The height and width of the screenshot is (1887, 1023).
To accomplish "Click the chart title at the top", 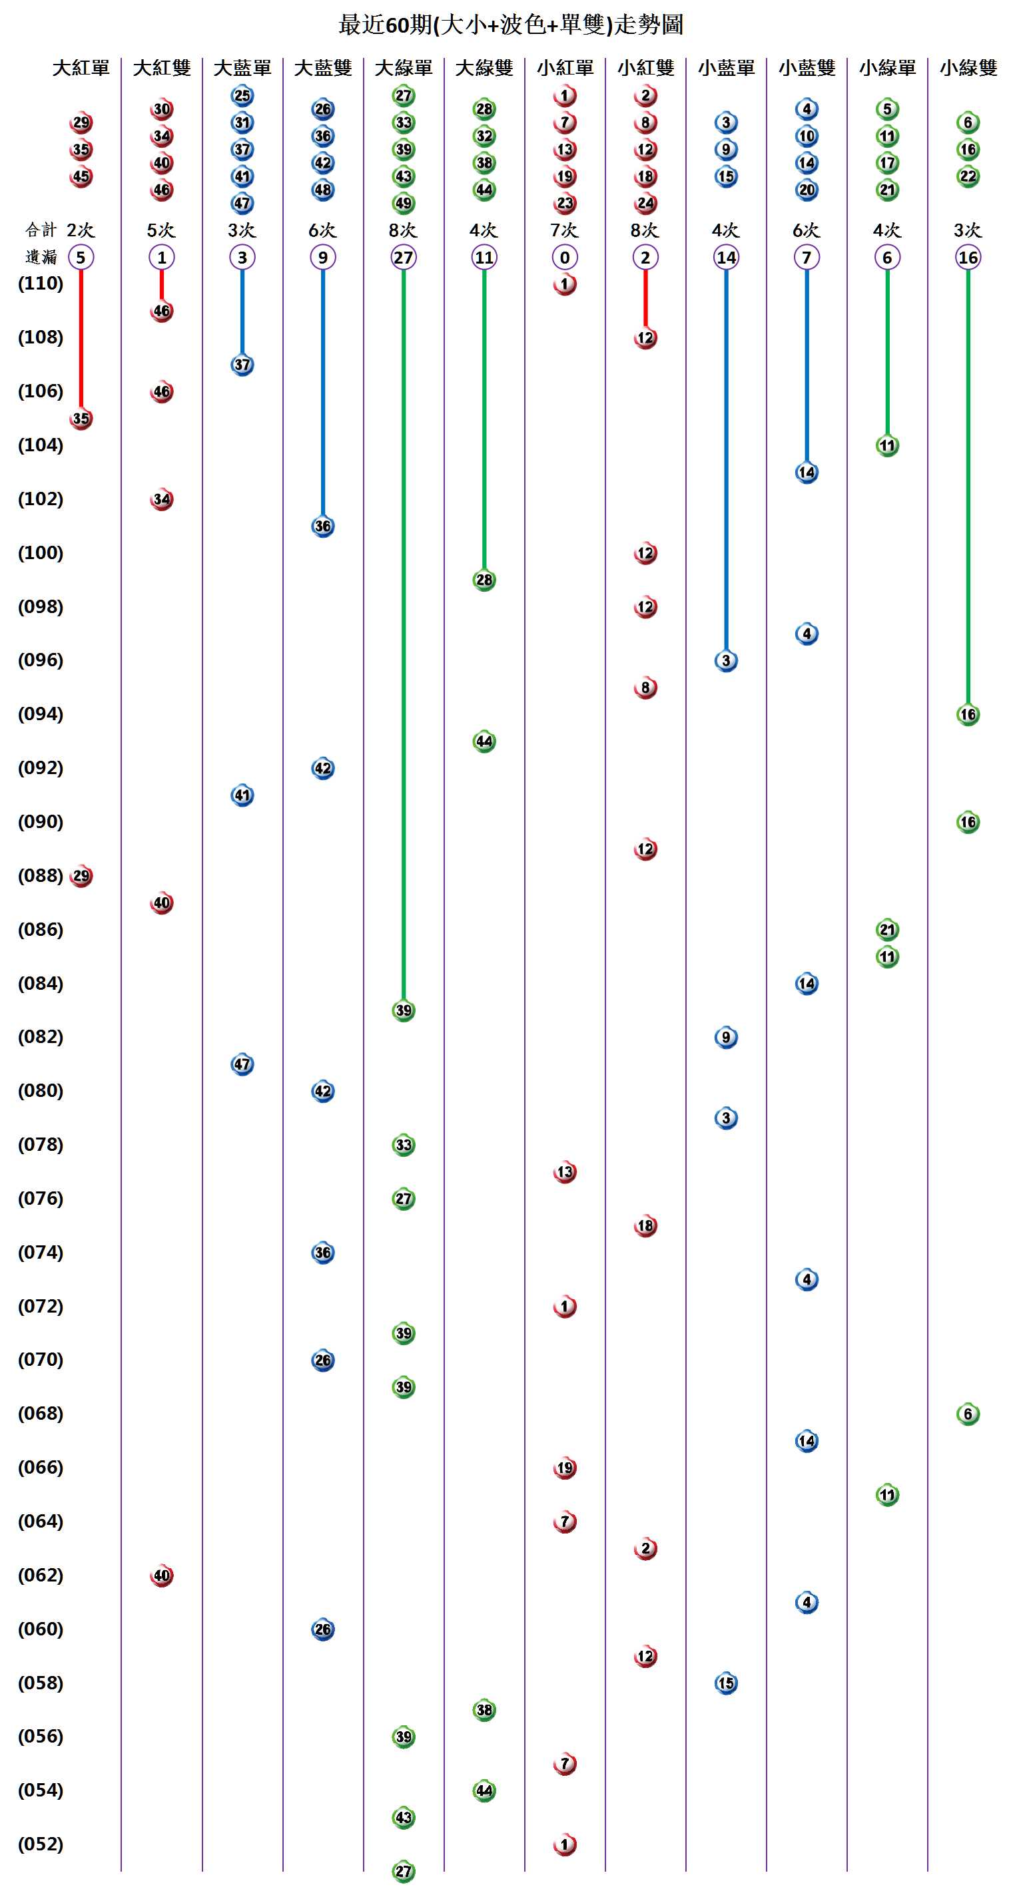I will point(511,25).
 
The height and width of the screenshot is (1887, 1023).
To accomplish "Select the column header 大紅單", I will point(81,68).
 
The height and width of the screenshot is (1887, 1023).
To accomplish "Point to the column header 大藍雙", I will point(322,68).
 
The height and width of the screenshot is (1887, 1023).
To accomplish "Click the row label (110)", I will point(41,284).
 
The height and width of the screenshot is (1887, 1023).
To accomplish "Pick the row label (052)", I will point(41,1844).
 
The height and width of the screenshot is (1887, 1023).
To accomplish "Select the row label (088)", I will point(41,875).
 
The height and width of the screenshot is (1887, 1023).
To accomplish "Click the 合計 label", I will point(41,230).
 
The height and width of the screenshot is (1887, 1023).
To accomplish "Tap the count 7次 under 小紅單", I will point(564,230).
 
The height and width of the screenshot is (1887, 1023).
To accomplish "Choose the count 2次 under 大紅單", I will point(81,230).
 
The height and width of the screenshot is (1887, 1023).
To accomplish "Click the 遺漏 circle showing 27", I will point(403,257).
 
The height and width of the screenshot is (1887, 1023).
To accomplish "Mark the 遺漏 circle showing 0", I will point(564,257).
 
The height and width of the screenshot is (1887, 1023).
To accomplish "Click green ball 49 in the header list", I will point(403,203).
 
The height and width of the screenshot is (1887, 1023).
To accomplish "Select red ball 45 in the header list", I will point(81,176).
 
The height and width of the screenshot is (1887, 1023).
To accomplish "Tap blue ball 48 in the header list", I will point(322,190).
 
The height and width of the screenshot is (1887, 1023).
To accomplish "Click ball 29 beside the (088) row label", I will point(81,876).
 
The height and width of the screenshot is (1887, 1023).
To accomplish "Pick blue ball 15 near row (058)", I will point(725,1683).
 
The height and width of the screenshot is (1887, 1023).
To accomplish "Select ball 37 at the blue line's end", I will point(242,365).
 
